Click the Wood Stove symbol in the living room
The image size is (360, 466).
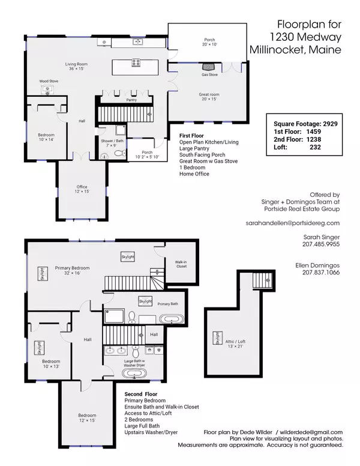pyautogui.click(x=47, y=89)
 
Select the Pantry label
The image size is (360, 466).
pyautogui.click(x=131, y=100)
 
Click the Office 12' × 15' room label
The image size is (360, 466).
pyautogui.click(x=82, y=189)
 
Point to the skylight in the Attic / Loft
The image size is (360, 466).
pyautogui.click(x=217, y=338)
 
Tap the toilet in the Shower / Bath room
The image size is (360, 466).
pyautogui.click(x=120, y=153)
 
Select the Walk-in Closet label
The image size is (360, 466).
pyautogui.click(x=181, y=264)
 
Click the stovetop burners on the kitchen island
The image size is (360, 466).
pyautogui.click(x=136, y=62)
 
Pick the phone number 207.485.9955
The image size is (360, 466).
pyautogui.click(x=321, y=244)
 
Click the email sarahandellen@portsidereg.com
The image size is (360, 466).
pyautogui.click(x=293, y=223)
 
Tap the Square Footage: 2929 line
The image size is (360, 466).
pyautogui.click(x=305, y=124)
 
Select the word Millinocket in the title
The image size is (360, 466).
pyautogui.click(x=277, y=49)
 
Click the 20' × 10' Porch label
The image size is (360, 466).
pyautogui.click(x=209, y=42)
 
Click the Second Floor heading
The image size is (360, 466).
pyautogui.click(x=141, y=394)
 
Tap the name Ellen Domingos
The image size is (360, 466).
pyautogui.click(x=317, y=265)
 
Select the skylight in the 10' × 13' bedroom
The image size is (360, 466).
pyautogui.click(x=39, y=348)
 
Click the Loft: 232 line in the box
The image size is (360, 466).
pyautogui.click(x=298, y=147)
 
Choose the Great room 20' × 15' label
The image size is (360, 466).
pyautogui.click(x=209, y=97)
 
